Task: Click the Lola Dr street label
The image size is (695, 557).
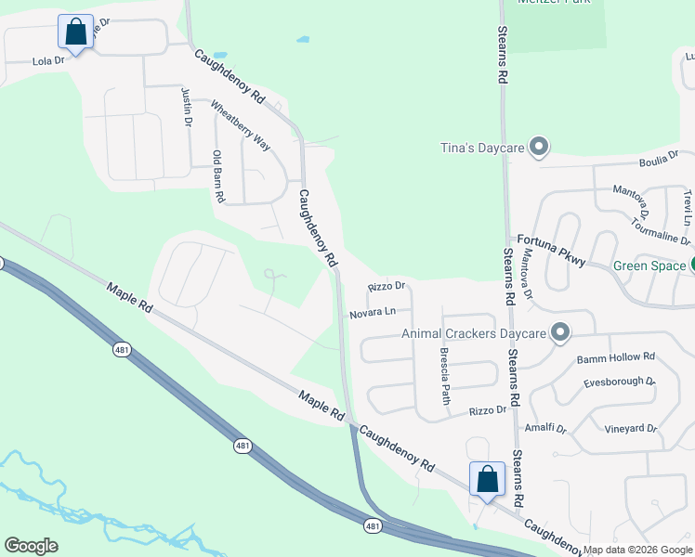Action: [47, 60]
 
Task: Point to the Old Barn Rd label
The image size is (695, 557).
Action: [218, 176]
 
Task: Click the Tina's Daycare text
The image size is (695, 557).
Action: [481, 148]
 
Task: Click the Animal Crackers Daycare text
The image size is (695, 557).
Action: [472, 333]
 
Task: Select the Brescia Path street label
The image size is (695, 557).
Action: [444, 375]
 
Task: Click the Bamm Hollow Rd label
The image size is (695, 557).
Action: [616, 357]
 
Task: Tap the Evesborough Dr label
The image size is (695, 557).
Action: [619, 382]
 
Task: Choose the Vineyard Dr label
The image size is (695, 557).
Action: [632, 429]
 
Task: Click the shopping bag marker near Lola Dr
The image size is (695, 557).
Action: [75, 32]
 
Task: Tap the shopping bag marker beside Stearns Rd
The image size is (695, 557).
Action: [487, 480]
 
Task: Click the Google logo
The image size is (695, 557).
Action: [31, 546]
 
